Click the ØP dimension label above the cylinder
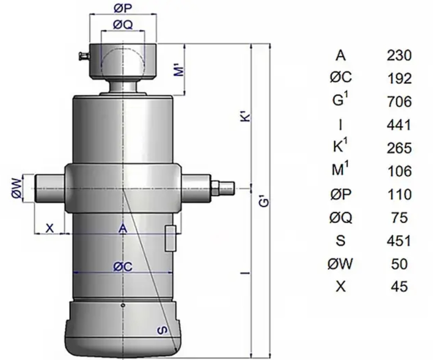[122, 8]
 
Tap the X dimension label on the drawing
[50, 228]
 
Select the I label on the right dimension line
[246, 273]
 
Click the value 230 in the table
[400, 56]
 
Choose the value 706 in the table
[400, 101]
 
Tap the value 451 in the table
[400, 240]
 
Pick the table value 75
[400, 218]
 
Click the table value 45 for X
[400, 287]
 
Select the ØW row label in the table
[340, 264]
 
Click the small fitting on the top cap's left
[82, 57]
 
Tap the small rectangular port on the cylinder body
[170, 238]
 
